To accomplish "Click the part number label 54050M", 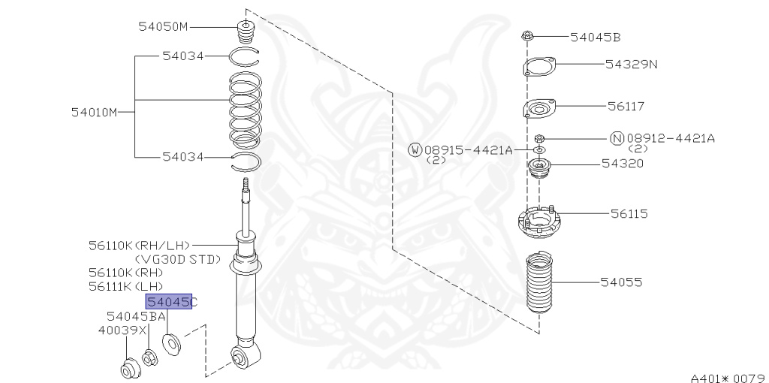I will (x=163, y=27).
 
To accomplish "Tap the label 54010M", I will (x=95, y=113).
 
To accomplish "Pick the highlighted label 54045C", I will (x=169, y=302).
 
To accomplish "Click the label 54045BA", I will (x=136, y=316).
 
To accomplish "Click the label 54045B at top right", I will (x=596, y=36).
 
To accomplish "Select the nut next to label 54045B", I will (x=528, y=35).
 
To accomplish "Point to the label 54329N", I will (x=631, y=64).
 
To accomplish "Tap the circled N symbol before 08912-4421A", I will (x=617, y=138).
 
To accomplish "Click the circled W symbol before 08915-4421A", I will (x=415, y=150).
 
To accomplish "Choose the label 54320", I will (x=622, y=163).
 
